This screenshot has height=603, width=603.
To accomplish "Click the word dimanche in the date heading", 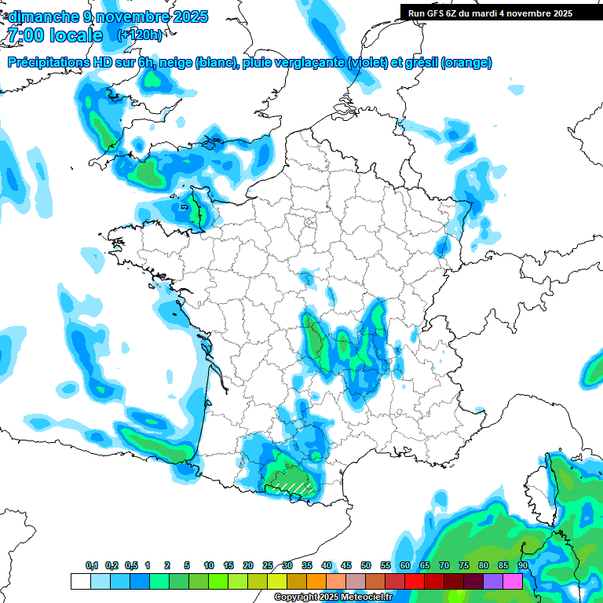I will tap(44, 16).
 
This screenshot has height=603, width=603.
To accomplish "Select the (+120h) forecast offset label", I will tap(141, 35).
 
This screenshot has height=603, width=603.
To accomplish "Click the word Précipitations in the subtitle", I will tap(44, 63).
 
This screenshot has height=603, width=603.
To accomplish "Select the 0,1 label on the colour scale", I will tap(92, 565).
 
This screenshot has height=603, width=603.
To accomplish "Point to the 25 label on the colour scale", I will tap(268, 565).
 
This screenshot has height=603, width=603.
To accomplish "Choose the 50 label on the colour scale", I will tap(366, 565).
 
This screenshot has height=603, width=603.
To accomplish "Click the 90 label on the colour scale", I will tap(523, 565).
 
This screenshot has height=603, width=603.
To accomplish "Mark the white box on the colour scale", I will tap(80, 581).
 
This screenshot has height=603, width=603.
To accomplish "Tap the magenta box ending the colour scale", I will tap(513, 581).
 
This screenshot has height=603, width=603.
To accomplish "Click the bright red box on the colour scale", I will tap(415, 581).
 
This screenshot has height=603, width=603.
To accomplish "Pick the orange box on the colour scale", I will tap(316, 581).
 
